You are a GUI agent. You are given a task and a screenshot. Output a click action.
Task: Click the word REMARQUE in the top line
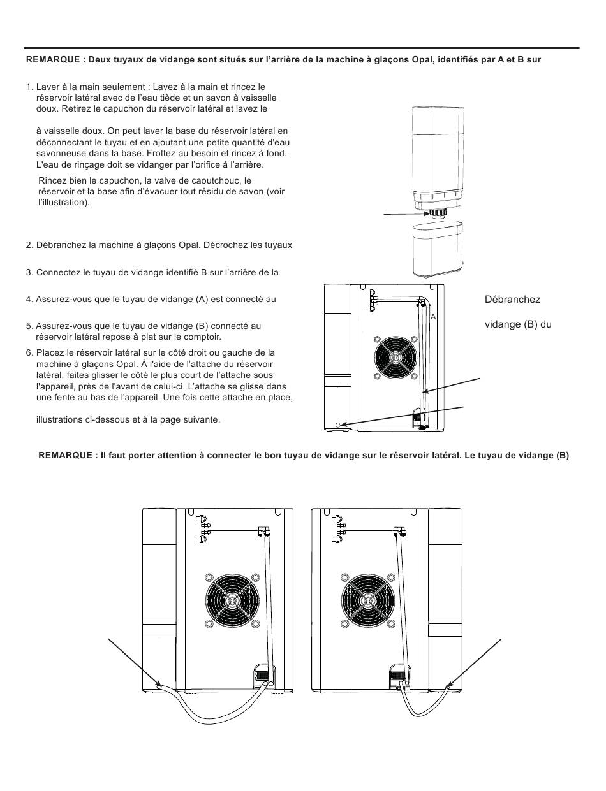click(53, 60)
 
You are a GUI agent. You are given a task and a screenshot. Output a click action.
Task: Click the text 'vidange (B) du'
click(517, 324)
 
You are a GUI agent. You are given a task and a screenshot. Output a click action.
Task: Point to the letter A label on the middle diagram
click(433, 317)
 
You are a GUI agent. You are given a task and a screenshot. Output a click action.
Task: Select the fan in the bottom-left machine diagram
click(233, 600)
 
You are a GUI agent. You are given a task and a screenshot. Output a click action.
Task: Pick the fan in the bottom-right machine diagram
click(367, 600)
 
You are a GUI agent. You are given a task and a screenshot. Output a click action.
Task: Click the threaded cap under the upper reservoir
click(438, 213)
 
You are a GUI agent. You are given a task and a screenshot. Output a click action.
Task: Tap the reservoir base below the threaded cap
click(440, 249)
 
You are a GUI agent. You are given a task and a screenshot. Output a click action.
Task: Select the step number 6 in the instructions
click(29, 352)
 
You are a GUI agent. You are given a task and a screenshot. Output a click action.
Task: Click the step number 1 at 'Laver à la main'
click(29, 87)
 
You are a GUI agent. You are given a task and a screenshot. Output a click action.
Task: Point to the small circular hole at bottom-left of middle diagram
click(337, 424)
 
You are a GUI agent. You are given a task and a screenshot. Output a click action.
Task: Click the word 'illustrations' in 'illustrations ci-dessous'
click(61, 419)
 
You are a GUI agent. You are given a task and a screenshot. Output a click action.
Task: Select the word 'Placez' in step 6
click(48, 352)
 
